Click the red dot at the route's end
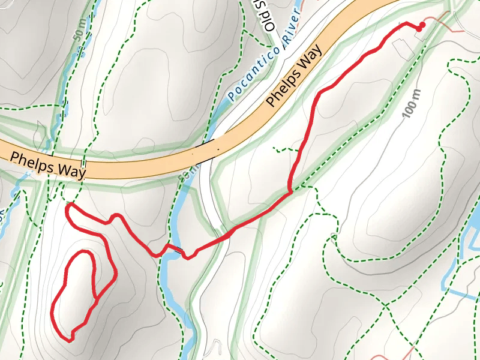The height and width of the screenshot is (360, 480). (x=422, y=25)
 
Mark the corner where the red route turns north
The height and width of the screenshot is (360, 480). (x=291, y=193)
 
